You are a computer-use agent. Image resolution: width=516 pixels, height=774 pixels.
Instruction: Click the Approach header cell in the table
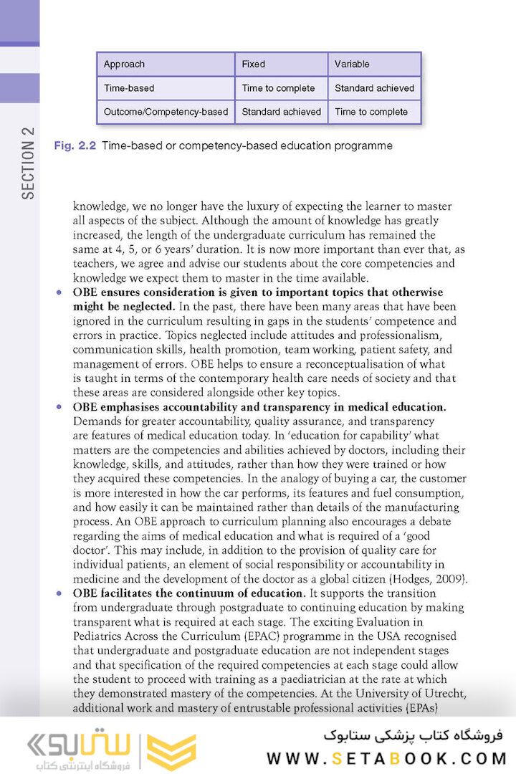pyautogui.click(x=124, y=64)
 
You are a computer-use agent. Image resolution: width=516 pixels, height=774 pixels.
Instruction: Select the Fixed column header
pyautogui.click(x=254, y=64)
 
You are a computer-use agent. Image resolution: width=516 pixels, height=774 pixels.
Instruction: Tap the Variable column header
pyautogui.click(x=352, y=64)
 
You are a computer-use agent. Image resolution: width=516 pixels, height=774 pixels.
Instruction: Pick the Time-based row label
pyautogui.click(x=129, y=88)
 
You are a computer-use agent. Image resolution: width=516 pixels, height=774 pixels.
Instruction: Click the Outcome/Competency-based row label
pyautogui.click(x=166, y=112)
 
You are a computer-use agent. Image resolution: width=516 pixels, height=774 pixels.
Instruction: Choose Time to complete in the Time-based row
pyautogui.click(x=278, y=88)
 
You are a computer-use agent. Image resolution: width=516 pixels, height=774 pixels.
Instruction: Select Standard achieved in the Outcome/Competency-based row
pyautogui.click(x=281, y=112)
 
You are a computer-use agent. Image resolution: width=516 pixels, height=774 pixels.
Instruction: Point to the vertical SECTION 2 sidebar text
pyautogui.click(x=28, y=163)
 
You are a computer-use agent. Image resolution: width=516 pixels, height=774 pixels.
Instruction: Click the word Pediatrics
pyautogui.click(x=100, y=636)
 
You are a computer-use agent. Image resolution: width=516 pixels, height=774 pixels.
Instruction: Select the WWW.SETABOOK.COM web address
pyautogui.click(x=387, y=758)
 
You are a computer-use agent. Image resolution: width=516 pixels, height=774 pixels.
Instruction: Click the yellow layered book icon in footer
pyautogui.click(x=171, y=752)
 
